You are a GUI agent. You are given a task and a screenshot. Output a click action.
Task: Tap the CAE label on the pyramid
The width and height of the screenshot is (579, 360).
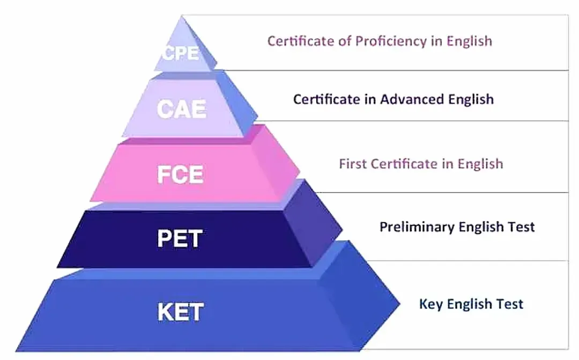(181, 109)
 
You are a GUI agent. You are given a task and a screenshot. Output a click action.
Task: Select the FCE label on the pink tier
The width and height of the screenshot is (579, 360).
(180, 174)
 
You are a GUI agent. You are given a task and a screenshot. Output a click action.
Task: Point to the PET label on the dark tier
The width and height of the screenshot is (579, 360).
(180, 238)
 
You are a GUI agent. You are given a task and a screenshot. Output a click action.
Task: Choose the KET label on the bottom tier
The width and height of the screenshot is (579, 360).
(181, 312)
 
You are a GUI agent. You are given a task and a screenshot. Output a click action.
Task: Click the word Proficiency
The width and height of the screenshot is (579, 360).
(391, 41)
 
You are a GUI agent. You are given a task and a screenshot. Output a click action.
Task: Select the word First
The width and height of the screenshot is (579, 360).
(353, 164)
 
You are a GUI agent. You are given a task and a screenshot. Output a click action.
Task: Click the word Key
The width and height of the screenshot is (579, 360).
(431, 304)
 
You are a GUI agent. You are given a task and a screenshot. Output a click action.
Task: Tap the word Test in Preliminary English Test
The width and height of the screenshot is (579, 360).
(521, 226)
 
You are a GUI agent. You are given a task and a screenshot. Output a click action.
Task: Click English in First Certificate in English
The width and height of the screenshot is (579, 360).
(480, 164)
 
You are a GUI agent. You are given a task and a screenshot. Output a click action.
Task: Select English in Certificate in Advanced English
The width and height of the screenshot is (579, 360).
(471, 99)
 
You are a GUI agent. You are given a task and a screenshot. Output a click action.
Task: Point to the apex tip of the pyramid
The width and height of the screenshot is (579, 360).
(182, 16)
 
